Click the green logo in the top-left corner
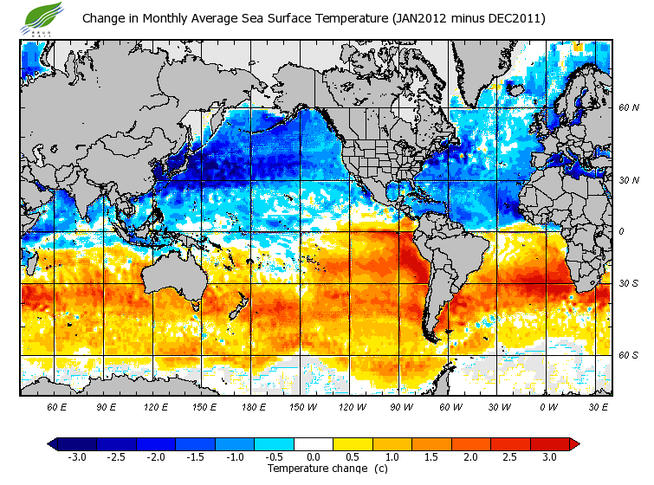point(44,16)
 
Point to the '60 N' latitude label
point(629,108)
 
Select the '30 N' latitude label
point(629,181)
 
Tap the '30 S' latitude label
point(629,283)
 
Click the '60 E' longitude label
point(57,406)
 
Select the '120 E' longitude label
point(155,406)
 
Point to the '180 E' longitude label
point(253,406)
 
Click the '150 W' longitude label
point(301,406)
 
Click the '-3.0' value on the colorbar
point(76,457)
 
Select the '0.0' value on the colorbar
point(314,457)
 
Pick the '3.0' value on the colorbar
point(550,457)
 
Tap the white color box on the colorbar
point(314,443)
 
